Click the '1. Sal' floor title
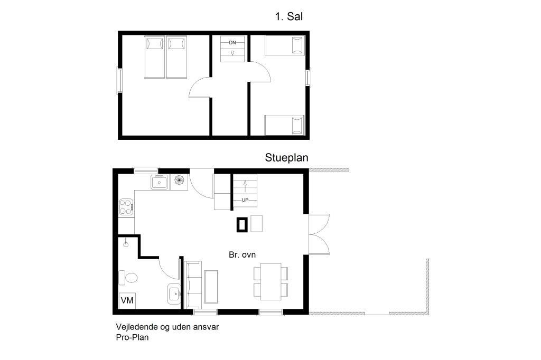tap(289, 16)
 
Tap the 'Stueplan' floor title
tap(286, 158)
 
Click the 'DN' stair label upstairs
tap(232, 43)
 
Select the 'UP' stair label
tap(245, 200)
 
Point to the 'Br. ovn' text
tap(242, 255)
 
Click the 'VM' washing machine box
tap(127, 300)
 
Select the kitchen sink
tap(159, 182)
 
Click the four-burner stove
tap(126, 207)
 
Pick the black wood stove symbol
tap(242, 224)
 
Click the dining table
tap(271, 281)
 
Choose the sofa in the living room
tap(194, 285)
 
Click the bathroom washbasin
tap(174, 294)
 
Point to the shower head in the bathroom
tap(126, 244)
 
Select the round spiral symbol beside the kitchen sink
tap(179, 179)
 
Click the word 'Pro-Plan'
tap(132, 337)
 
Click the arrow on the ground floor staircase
tap(245, 186)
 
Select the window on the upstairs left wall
tap(119, 81)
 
